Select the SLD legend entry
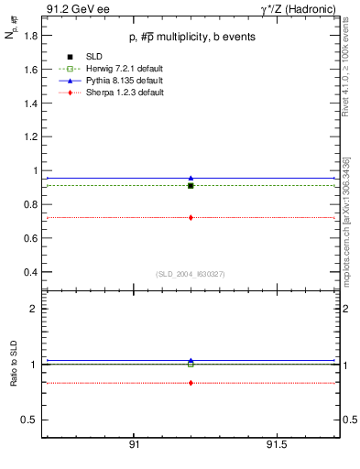[x=93, y=58]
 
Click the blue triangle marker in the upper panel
[x=191, y=178]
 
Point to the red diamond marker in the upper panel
[x=191, y=217]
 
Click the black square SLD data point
[x=191, y=185]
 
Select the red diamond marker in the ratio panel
[x=191, y=383]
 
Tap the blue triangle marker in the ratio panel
[x=191, y=361]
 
